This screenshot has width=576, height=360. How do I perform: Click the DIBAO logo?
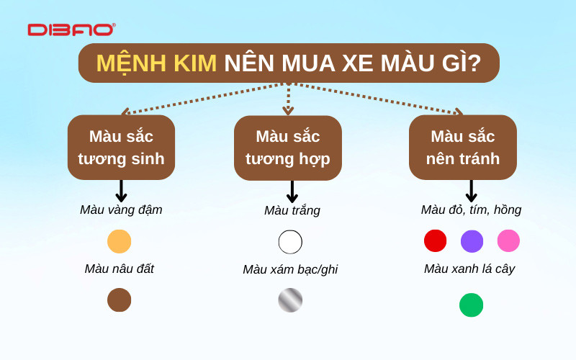click(x=71, y=30)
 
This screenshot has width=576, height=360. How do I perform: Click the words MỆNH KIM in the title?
click(x=156, y=63)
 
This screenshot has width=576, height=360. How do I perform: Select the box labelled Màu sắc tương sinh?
click(x=121, y=147)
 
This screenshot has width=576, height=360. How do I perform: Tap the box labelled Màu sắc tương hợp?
click(x=288, y=147)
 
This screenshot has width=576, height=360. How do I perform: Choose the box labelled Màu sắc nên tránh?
click(x=463, y=147)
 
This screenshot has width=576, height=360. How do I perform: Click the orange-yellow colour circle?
click(x=120, y=241)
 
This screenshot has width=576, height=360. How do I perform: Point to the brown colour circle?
click(x=120, y=300)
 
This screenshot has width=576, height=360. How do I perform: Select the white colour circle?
click(x=290, y=242)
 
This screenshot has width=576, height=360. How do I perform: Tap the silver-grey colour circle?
click(x=290, y=300)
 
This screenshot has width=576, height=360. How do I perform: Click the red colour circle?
click(x=435, y=240)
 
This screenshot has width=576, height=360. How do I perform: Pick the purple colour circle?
click(x=472, y=240)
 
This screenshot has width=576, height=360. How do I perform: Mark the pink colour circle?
click(x=508, y=240)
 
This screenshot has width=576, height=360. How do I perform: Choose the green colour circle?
click(x=471, y=305)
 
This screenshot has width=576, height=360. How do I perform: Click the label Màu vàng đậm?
click(x=121, y=210)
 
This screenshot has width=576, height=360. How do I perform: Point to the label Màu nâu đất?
click(x=120, y=269)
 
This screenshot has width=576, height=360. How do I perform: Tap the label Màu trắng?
click(x=292, y=211)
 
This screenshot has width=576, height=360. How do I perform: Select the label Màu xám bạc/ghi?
click(x=290, y=269)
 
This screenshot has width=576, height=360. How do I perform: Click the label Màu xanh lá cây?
click(x=469, y=269)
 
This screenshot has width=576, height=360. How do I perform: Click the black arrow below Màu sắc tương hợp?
click(x=292, y=192)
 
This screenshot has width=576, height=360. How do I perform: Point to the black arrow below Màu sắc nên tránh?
click(x=471, y=191)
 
